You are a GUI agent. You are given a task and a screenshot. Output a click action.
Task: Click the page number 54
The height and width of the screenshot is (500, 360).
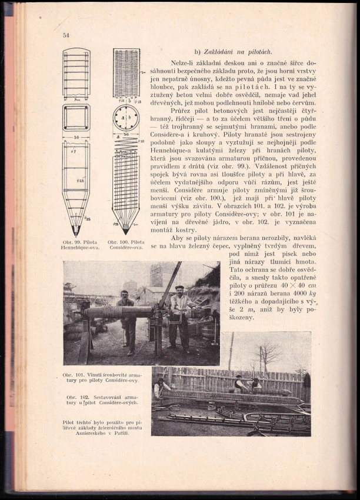(66, 35)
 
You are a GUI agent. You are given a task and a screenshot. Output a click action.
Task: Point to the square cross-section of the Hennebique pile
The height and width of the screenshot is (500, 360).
(76, 118)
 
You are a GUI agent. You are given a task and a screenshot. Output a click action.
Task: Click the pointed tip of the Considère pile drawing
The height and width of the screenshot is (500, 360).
(126, 230)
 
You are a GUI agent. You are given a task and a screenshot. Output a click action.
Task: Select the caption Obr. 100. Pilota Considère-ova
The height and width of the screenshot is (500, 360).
(126, 245)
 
